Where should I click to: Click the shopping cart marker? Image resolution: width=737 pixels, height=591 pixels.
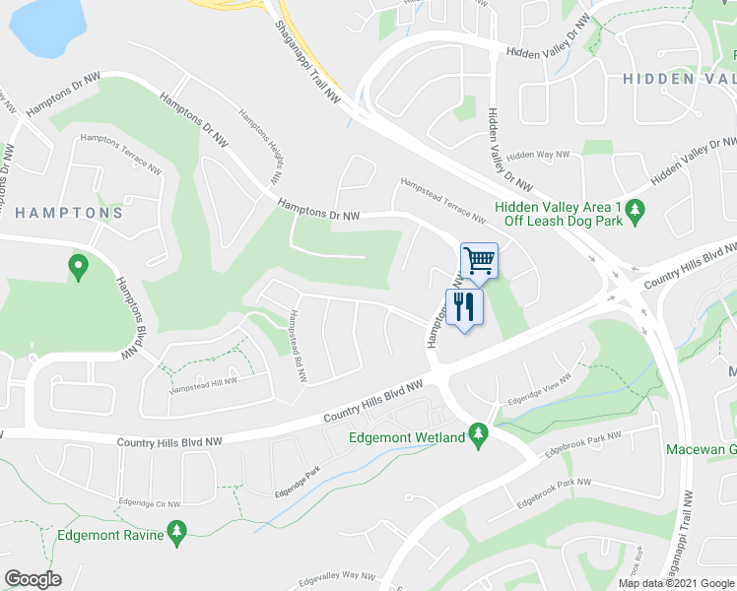click(x=479, y=261)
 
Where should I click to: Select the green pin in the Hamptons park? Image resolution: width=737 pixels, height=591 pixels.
click(x=77, y=266)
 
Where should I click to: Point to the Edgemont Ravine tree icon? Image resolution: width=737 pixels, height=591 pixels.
click(x=177, y=533)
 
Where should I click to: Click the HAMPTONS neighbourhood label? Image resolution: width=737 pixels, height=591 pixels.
click(x=69, y=213)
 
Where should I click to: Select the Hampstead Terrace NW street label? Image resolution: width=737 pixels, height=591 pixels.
click(x=442, y=200)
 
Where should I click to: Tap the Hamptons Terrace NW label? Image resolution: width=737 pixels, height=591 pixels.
click(x=120, y=153)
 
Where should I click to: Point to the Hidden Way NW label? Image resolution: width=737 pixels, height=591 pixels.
click(x=538, y=156)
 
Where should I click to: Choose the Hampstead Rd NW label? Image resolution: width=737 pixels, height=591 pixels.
click(x=295, y=341)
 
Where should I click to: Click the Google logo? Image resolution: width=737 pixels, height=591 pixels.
click(x=33, y=579)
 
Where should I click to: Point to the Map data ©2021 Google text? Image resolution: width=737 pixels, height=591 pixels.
click(x=675, y=583)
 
